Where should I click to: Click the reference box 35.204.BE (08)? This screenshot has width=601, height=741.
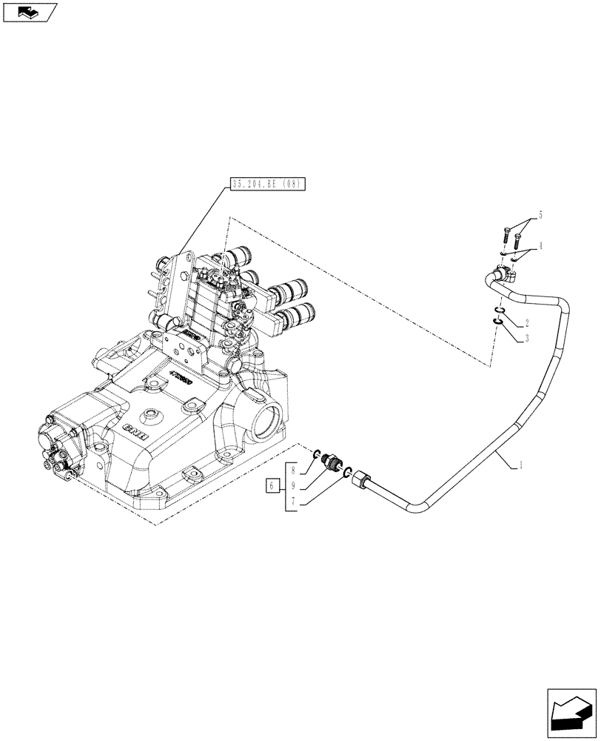tap(265, 183)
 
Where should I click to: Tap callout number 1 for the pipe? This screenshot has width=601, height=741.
tap(522, 465)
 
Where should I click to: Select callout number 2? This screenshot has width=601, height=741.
tap(527, 323)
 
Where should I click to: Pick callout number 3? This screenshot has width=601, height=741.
tap(527, 337)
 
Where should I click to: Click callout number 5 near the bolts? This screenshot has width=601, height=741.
tap(541, 215)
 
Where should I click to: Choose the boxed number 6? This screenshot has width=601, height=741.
tap(272, 486)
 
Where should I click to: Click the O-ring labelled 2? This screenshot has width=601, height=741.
tap(500, 310)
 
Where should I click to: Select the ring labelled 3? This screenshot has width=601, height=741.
tap(500, 322)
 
